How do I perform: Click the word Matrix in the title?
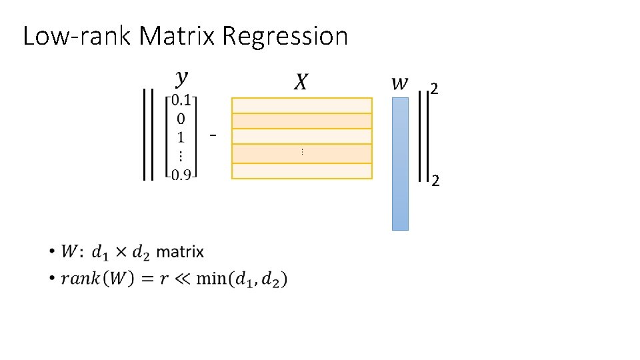[177, 36]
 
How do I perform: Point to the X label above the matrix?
[301, 82]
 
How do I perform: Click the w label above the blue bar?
[399, 83]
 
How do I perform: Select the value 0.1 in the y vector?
[181, 101]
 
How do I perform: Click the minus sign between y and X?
[213, 136]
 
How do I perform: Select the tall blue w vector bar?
[400, 163]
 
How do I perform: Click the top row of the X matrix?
[301, 105]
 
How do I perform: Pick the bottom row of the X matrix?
[301, 171]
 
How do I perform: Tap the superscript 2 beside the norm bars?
[434, 89]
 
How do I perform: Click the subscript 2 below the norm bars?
[434, 181]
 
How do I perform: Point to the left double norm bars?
[149, 135]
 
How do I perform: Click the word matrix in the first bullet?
[180, 252]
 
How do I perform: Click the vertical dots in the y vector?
[181, 156]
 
